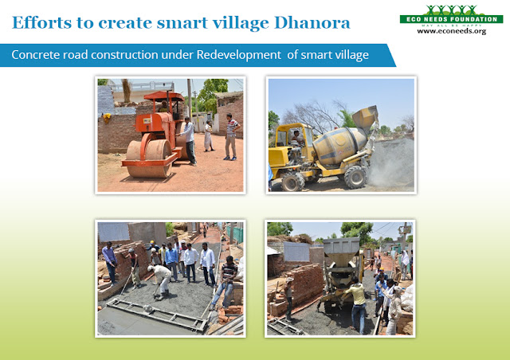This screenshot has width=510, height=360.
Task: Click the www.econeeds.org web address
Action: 452,33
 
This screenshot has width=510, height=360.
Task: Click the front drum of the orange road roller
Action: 147,157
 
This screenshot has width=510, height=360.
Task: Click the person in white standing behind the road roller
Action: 209,135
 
